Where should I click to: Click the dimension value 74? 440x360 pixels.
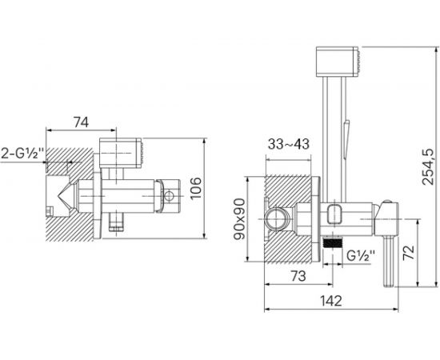pyautogui.click(x=81, y=122)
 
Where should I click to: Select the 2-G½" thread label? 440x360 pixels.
pyautogui.click(x=22, y=154)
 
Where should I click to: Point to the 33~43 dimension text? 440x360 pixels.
pyautogui.click(x=289, y=144)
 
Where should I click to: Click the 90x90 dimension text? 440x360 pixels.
pyautogui.click(x=239, y=219)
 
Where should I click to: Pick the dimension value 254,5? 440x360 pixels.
pyautogui.click(x=428, y=166)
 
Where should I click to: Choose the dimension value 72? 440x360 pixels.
pyautogui.click(x=408, y=253)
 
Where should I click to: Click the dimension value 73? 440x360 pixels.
pyautogui.click(x=298, y=276)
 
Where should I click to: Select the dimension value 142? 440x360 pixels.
pyautogui.click(x=331, y=301)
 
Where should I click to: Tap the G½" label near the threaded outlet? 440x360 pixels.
pyautogui.click(x=361, y=256)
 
